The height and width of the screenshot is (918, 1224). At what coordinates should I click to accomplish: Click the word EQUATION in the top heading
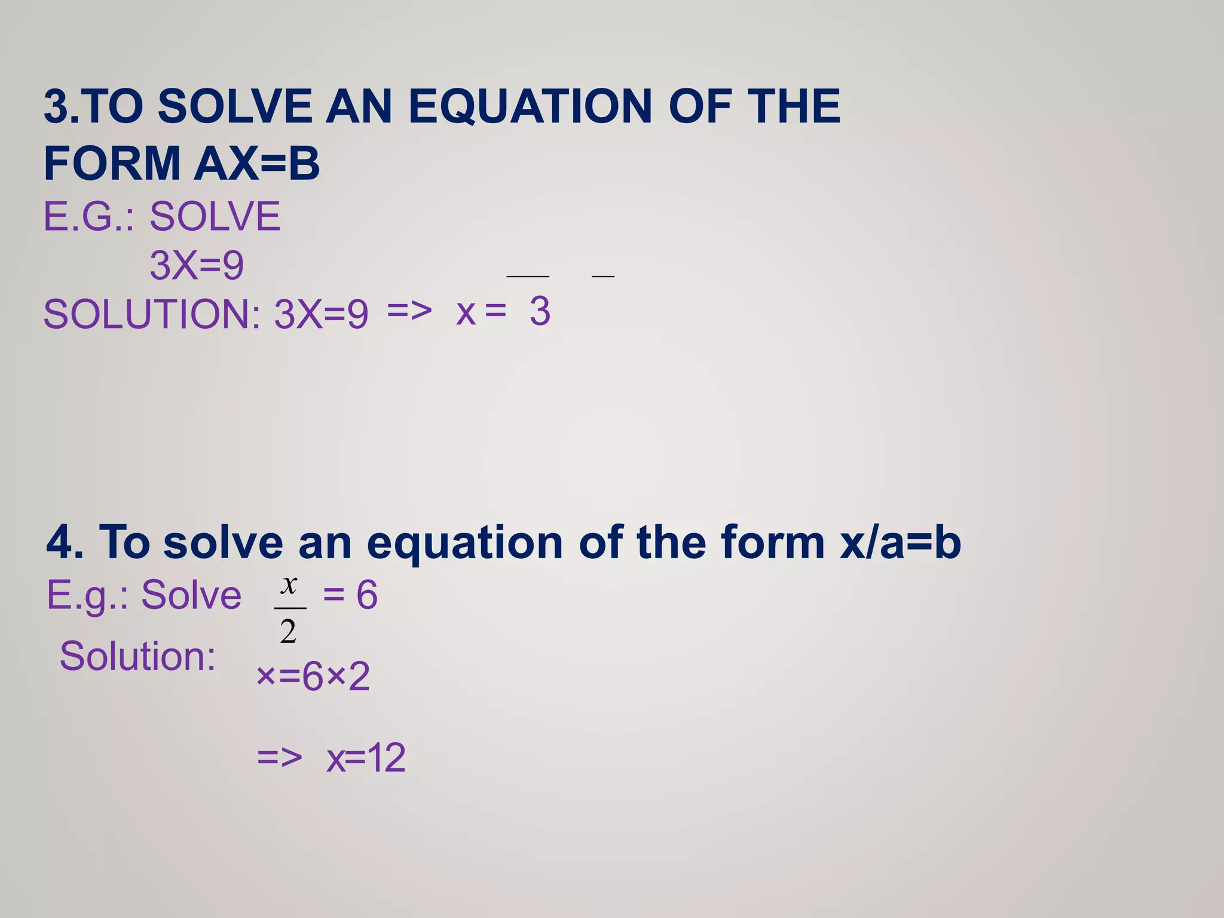[x=530, y=106]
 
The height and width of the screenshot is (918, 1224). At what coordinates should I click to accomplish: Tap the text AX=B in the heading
[x=257, y=163]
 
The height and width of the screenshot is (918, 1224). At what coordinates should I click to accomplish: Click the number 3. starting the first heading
[x=61, y=106]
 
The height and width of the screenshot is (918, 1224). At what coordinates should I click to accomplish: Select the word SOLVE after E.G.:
[x=215, y=216]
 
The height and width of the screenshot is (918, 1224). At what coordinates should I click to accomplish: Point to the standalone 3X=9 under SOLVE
[x=197, y=265]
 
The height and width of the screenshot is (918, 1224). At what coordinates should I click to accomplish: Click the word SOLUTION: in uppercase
[x=152, y=314]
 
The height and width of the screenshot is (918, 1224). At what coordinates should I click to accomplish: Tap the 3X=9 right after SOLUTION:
[x=321, y=314]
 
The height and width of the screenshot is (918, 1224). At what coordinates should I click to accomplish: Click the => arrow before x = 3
[x=409, y=311]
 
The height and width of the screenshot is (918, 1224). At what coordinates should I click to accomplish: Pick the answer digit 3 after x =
[x=540, y=311]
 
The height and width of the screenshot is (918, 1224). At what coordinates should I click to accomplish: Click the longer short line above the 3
[x=528, y=277]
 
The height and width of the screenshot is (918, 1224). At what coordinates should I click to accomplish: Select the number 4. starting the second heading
[x=65, y=542]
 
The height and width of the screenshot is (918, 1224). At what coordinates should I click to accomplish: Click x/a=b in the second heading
[x=900, y=542]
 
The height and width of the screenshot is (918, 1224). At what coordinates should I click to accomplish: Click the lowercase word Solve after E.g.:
[x=191, y=595]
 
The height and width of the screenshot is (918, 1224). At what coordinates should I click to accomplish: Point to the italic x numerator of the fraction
[x=289, y=585]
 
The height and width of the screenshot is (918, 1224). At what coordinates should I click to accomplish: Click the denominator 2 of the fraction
[x=288, y=631]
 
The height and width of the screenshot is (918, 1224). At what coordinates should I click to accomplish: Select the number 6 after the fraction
[x=367, y=595]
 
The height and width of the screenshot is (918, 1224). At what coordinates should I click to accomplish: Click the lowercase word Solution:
[x=137, y=656]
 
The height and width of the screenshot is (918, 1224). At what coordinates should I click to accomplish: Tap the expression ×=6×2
[x=313, y=677]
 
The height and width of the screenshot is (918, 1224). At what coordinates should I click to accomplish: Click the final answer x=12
[x=366, y=758]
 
